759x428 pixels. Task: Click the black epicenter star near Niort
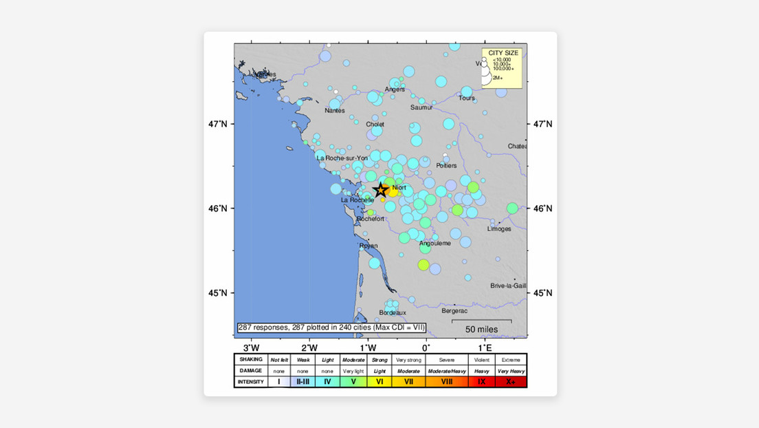point(380,191)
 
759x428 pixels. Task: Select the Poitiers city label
point(446,166)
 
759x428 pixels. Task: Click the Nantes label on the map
point(334,111)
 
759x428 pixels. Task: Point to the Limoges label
point(499,228)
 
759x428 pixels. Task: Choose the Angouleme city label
point(434,243)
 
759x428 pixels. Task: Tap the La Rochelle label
point(357,200)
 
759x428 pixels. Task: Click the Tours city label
point(467,98)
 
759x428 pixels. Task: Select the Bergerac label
point(454,311)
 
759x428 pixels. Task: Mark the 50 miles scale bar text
point(481,330)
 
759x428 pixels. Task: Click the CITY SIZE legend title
point(500,53)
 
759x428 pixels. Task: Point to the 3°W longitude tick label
point(251,346)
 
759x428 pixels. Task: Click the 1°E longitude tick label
point(485,346)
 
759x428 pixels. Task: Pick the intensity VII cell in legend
point(408,381)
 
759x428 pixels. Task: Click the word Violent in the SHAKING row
point(480,359)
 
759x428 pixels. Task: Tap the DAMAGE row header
point(250,370)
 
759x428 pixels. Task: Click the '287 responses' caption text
point(331,328)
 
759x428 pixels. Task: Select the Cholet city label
point(375,125)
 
